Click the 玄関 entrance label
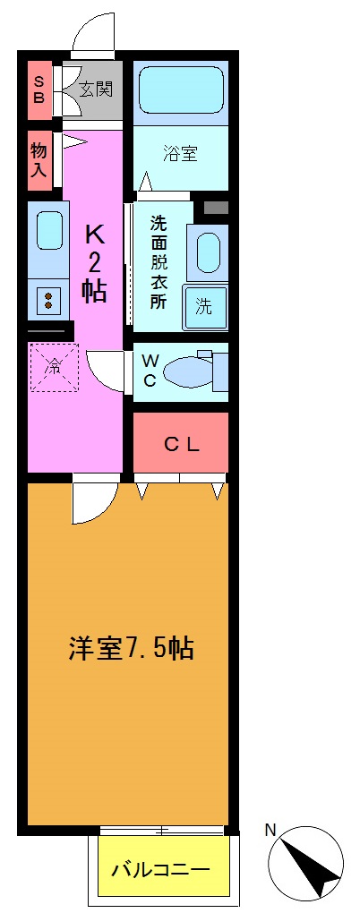tap(95, 89)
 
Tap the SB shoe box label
tap(39, 90)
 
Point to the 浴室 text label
tap(181, 154)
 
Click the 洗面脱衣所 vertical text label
tap(159, 262)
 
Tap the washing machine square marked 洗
tap(205, 306)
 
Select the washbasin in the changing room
tap(208, 252)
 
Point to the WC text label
tap(150, 370)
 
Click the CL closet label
tap(181, 444)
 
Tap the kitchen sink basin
tap(48, 231)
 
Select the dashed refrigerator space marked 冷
tap(55, 367)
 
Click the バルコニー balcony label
tap(161, 869)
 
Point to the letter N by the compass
tap(270, 830)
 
